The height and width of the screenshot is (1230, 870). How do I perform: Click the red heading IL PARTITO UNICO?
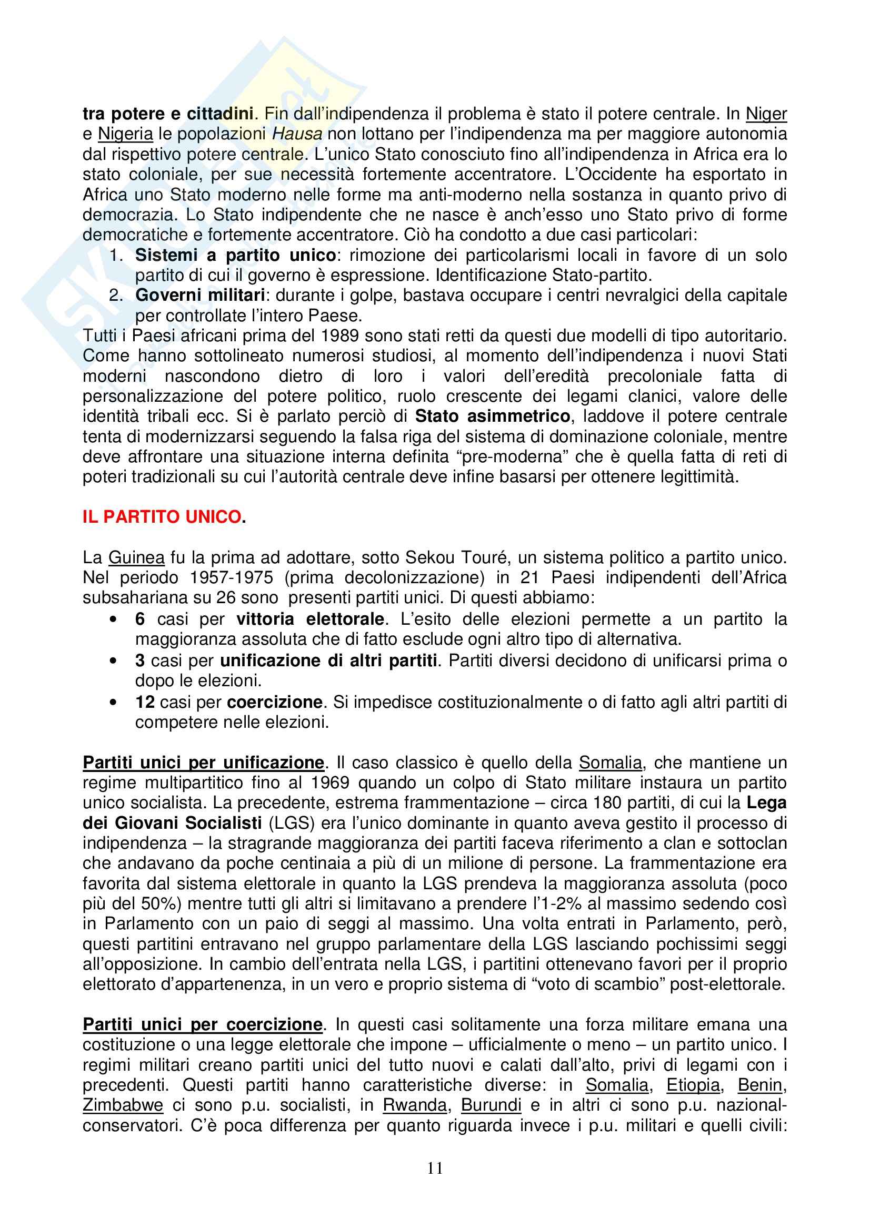click(164, 517)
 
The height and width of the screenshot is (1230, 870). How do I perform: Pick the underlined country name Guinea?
click(136, 557)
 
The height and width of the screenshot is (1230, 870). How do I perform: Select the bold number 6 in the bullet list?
click(140, 619)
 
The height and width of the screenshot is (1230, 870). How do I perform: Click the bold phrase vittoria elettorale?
click(311, 619)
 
